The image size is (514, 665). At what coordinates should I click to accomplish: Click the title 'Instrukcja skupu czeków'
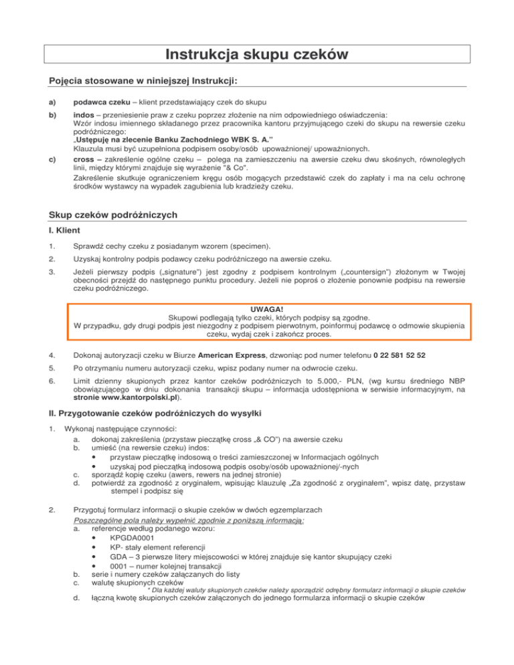pyautogui.click(x=257, y=53)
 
